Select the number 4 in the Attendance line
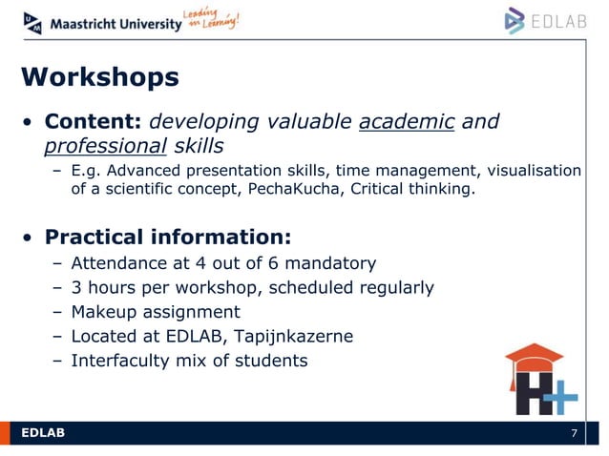click(189, 262)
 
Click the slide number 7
click(574, 435)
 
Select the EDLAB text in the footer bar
click(44, 435)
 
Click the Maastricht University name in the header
click(115, 24)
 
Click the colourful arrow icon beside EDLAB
click(515, 20)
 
